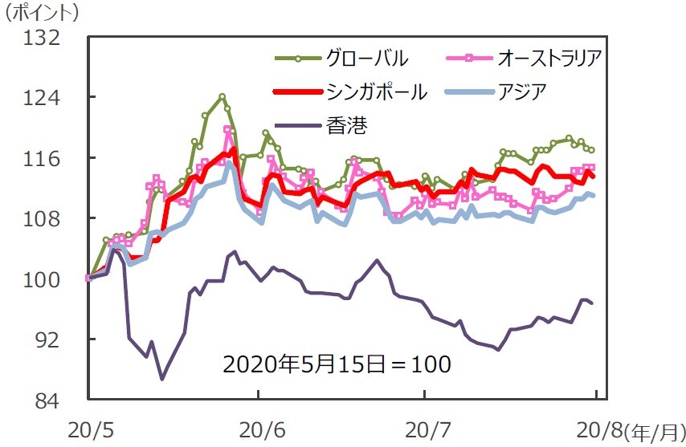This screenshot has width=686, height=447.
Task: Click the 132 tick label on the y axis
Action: [x=43, y=37]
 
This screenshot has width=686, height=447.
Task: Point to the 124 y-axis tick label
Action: [x=43, y=98]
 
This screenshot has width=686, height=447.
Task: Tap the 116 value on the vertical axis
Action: [x=43, y=158]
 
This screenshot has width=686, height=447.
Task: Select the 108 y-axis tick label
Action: [x=43, y=218]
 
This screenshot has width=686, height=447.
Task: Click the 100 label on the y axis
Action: [x=43, y=279]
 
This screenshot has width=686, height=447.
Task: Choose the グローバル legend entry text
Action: [x=367, y=59]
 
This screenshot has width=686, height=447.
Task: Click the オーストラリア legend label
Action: [x=550, y=59]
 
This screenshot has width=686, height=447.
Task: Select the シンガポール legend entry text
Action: [x=377, y=91]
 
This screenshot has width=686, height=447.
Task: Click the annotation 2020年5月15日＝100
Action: [x=337, y=363]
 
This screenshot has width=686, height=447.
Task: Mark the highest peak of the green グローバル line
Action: [x=222, y=96]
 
